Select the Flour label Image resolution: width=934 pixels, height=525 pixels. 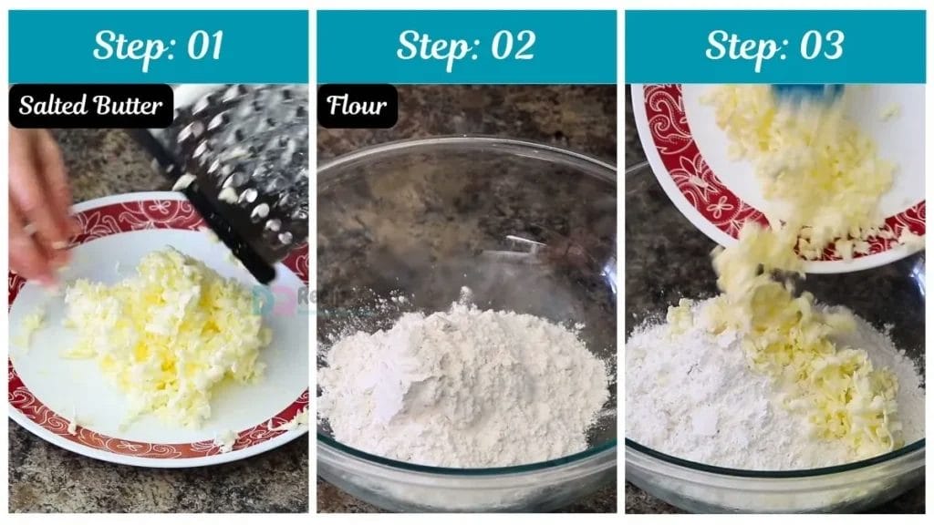tap(357, 106)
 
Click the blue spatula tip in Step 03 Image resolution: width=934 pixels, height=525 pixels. tap(807, 90)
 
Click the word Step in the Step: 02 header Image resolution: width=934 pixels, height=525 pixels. tap(434, 46)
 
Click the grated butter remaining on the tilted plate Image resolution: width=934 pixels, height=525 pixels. tap(803, 164)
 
